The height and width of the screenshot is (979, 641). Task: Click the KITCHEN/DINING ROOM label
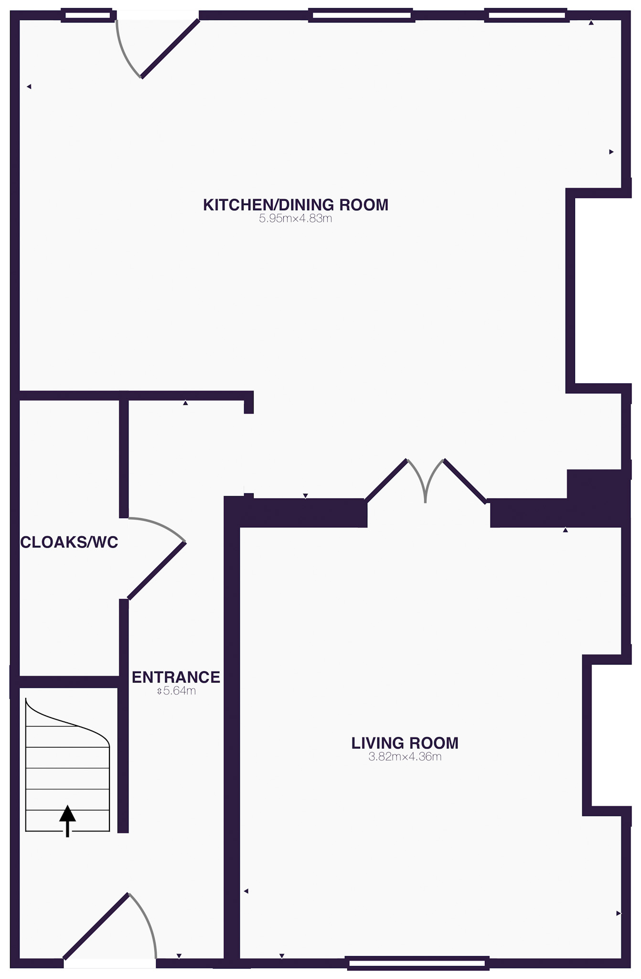point(296,205)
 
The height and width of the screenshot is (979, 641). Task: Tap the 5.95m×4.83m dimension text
point(296,219)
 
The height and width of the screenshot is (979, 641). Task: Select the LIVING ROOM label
point(405,743)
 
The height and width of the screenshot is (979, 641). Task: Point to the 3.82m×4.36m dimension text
point(405,757)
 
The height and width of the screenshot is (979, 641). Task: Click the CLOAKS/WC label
point(69,542)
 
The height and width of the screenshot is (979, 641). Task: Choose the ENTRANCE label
point(176,677)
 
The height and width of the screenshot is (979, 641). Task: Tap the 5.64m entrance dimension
point(176,691)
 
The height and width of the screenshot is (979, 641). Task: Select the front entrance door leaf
point(96,926)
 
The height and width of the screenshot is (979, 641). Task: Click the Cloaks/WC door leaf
point(156,571)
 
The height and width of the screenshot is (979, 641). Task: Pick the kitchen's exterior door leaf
point(170,48)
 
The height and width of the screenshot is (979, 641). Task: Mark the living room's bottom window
point(418,963)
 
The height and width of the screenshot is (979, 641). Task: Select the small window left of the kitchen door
point(88,15)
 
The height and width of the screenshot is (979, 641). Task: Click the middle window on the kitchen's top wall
point(361,15)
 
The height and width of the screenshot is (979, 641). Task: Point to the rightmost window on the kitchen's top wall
point(526,15)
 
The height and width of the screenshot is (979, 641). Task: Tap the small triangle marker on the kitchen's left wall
point(29,87)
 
